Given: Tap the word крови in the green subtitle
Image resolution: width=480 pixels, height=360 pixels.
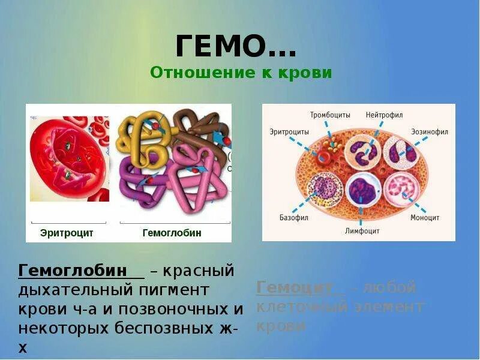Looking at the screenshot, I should pyautogui.click(x=308, y=73).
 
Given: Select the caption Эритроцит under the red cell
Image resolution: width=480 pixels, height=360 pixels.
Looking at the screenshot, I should pyautogui.click(x=67, y=233).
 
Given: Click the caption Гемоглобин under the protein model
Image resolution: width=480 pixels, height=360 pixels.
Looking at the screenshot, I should pyautogui.click(x=172, y=233).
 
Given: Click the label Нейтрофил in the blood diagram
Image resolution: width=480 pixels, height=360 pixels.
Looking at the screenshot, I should pyautogui.click(x=384, y=115).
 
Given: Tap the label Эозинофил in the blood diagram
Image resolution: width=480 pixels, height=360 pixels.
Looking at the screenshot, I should pyautogui.click(x=429, y=131).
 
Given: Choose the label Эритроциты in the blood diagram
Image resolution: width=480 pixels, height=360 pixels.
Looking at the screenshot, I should pyautogui.click(x=289, y=131).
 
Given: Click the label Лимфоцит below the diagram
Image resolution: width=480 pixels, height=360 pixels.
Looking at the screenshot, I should pyautogui.click(x=361, y=230).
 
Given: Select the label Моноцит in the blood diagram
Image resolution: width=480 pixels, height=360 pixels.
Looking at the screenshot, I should pyautogui.click(x=425, y=218).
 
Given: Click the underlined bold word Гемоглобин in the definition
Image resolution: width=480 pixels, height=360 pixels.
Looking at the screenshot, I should pyautogui.click(x=73, y=271).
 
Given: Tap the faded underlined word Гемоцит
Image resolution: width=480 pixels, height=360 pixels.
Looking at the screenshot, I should pyautogui.click(x=294, y=288).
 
